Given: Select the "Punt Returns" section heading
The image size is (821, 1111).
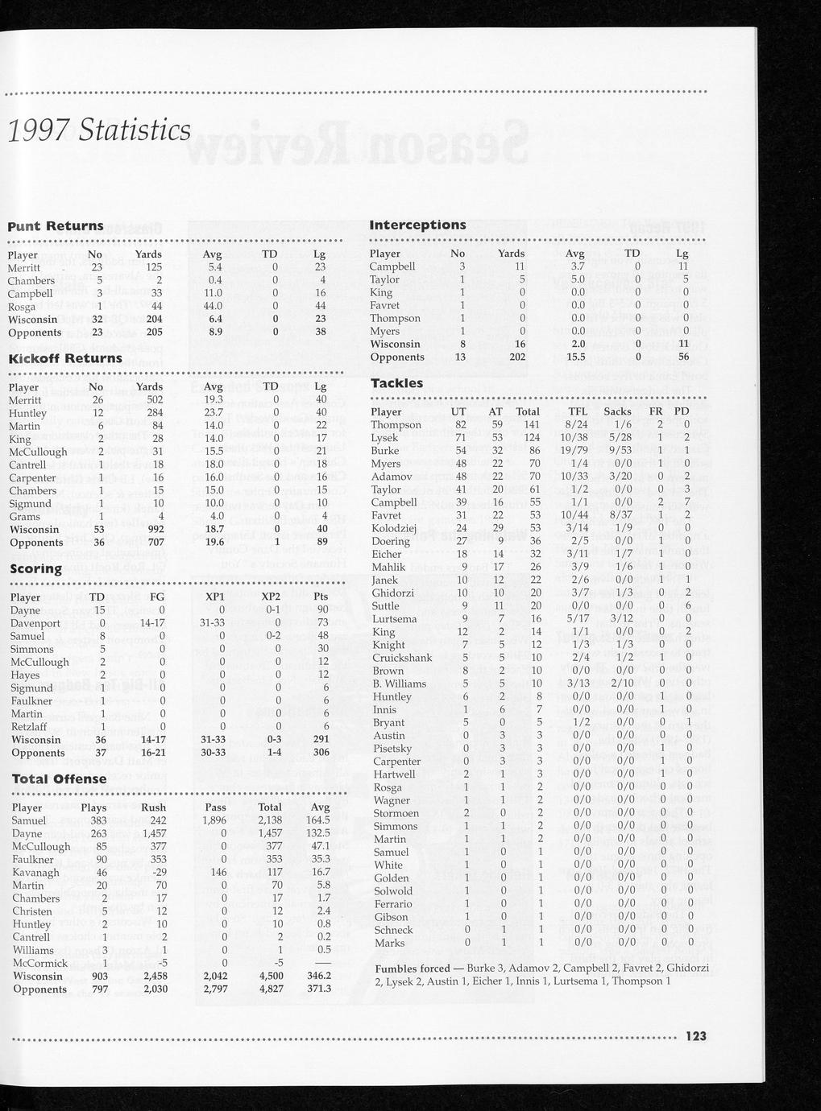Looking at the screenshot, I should pyautogui.click(x=56, y=226).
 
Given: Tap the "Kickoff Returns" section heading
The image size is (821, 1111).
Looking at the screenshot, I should pyautogui.click(x=66, y=358).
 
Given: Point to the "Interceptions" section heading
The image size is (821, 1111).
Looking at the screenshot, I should pyautogui.click(x=417, y=225).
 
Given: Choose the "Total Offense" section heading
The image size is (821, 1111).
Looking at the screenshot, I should pyautogui.click(x=59, y=779).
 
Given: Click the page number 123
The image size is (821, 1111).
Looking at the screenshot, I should pyautogui.click(x=695, y=1036).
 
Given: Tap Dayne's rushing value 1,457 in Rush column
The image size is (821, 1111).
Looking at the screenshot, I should pyautogui.click(x=152, y=833).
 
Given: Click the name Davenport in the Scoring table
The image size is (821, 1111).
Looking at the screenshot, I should pyautogui.click(x=35, y=623).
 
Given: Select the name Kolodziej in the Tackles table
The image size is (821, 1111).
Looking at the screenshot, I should pyautogui.click(x=394, y=528).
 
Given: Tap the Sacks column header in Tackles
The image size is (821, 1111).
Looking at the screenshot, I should pyautogui.click(x=618, y=411).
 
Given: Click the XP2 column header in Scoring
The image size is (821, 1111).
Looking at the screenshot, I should pyautogui.click(x=271, y=597).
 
